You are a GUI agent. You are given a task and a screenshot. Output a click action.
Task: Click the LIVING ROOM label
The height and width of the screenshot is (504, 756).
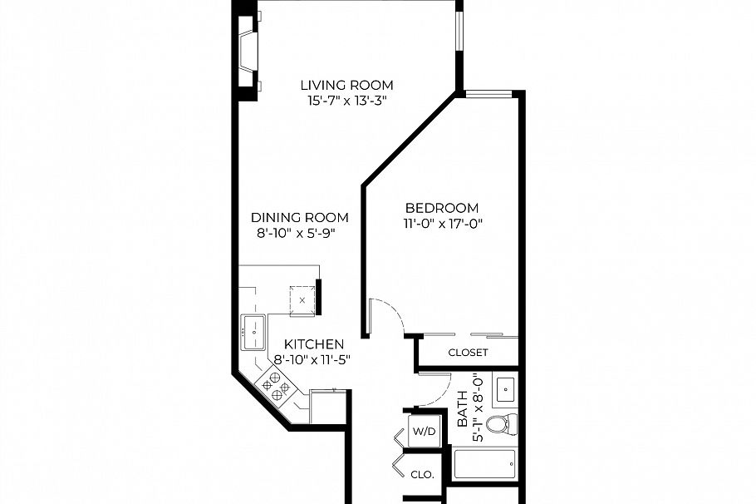click(x=346, y=85)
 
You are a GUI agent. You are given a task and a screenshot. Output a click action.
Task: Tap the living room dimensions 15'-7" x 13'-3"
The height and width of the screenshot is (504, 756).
click(x=346, y=101)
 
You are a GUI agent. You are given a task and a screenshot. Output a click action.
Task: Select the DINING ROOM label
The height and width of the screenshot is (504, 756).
click(x=300, y=218)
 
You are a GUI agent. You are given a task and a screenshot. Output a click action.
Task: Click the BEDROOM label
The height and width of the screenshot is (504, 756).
click(x=441, y=208)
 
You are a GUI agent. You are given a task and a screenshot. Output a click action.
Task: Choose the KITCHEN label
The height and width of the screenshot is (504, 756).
click(x=314, y=344)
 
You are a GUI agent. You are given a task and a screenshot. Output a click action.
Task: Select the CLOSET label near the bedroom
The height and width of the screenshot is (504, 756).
click(x=468, y=353)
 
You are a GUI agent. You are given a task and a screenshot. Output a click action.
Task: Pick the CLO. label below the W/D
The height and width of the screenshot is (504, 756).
click(x=423, y=475)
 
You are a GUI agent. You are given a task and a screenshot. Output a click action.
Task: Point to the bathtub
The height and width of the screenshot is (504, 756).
click(x=485, y=464)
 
